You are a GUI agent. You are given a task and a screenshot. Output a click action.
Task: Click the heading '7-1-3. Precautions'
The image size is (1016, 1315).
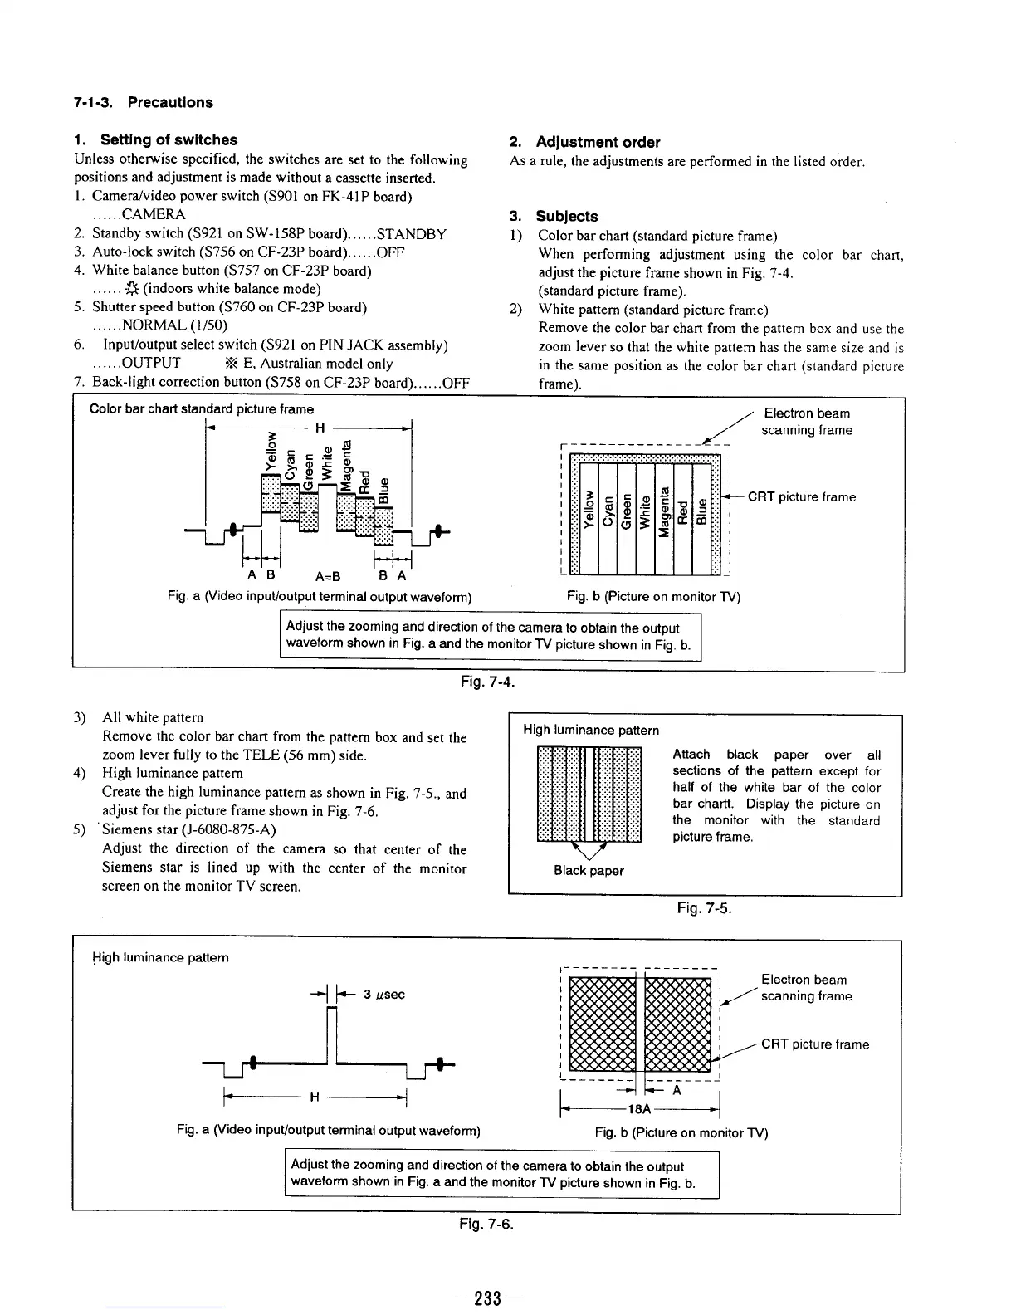(x=143, y=103)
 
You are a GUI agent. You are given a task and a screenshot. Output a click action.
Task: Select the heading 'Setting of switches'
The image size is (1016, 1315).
(x=169, y=140)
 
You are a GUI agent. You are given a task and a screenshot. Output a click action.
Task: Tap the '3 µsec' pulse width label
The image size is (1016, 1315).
(x=384, y=995)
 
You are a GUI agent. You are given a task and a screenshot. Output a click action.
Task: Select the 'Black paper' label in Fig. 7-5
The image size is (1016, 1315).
(x=589, y=871)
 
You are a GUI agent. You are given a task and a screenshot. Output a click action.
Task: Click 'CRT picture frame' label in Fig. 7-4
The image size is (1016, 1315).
(x=801, y=497)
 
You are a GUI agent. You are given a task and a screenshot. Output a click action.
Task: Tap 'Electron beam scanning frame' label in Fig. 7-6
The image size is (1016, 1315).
(x=806, y=988)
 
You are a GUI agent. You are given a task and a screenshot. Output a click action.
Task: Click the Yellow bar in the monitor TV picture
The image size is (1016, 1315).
(x=588, y=513)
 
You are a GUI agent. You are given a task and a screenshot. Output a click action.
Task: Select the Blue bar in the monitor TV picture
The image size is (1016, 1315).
(x=701, y=513)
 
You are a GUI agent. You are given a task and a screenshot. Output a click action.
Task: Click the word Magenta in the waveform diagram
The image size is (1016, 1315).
(x=349, y=464)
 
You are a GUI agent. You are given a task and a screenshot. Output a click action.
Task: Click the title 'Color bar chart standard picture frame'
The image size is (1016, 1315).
(x=202, y=409)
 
